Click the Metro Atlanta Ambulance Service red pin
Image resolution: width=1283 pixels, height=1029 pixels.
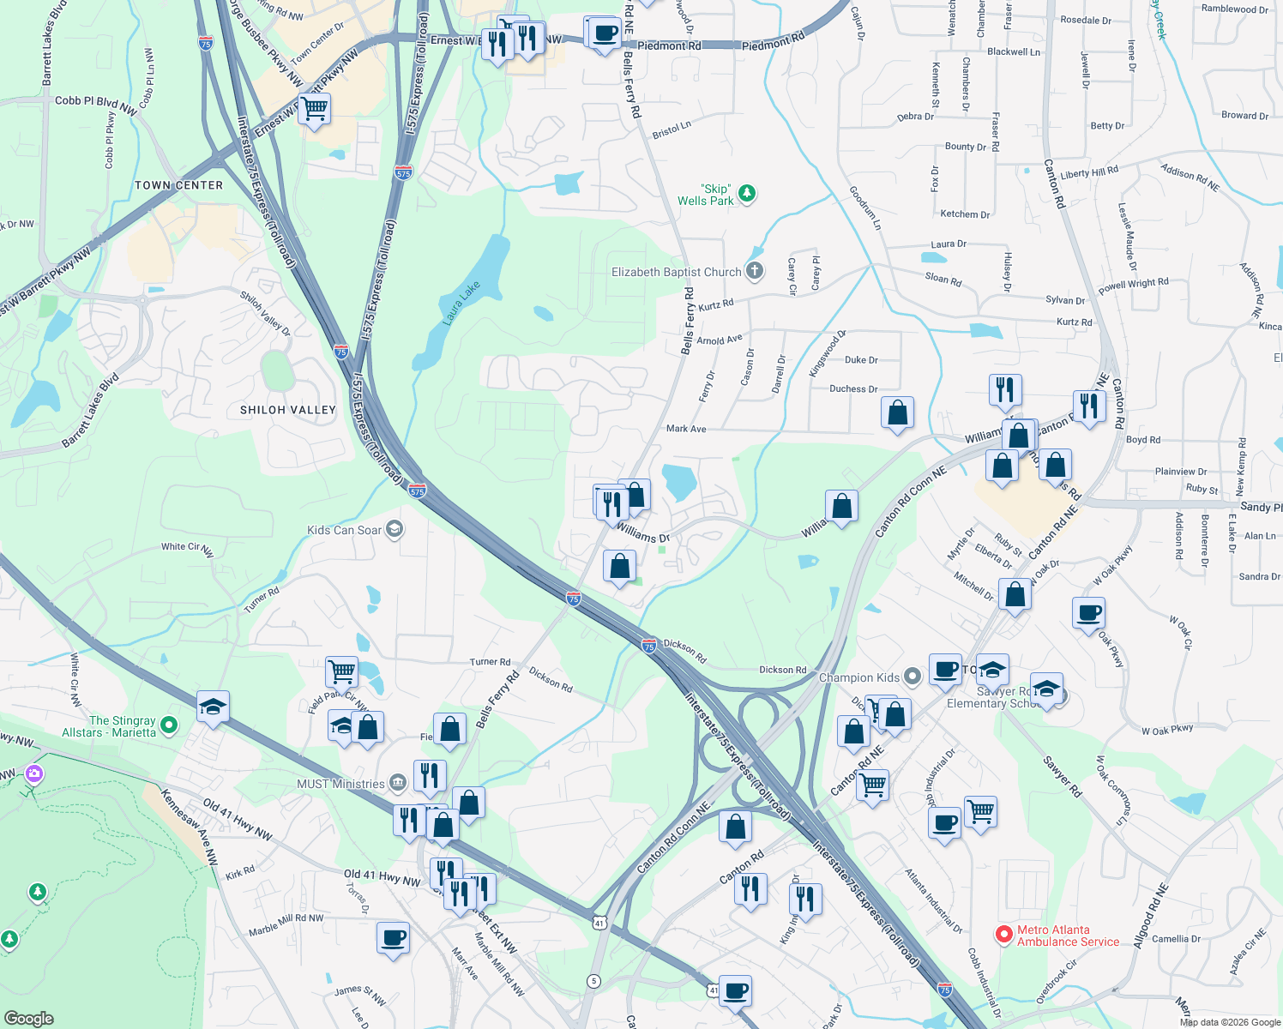coord(1003,935)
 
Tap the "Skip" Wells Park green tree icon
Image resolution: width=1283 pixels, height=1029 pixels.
coord(747,193)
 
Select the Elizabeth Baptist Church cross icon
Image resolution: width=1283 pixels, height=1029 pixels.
coord(754,272)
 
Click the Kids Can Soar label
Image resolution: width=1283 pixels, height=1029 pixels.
coord(344,530)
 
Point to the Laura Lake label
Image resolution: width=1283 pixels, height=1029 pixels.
coord(461,303)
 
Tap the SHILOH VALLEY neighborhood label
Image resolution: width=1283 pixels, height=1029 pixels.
coord(287,410)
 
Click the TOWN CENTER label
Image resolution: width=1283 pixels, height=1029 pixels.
coord(178,185)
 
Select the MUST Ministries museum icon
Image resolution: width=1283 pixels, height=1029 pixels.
coord(397,783)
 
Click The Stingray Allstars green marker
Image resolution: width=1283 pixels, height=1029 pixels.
coord(169,725)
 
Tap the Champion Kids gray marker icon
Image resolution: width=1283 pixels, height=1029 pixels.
coord(913,677)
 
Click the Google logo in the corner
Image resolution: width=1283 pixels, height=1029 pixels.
coord(28,1018)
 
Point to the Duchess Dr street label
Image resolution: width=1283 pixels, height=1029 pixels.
coord(852,388)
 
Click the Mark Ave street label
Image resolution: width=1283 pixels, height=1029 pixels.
coord(686,429)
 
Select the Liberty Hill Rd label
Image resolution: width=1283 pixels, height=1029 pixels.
coord(1089,172)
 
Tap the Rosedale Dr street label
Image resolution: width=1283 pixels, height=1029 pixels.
coord(1085,20)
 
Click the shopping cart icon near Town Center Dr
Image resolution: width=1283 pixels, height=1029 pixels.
coord(315,109)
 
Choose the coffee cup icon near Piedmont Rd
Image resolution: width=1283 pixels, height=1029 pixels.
coord(605,33)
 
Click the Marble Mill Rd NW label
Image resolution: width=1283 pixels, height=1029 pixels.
coord(286,924)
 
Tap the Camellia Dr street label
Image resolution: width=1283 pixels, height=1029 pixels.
coord(1176,938)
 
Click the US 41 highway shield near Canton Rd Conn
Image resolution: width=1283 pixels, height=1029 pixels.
coord(599,923)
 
